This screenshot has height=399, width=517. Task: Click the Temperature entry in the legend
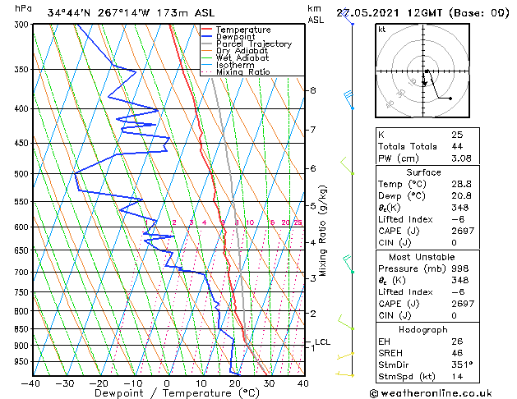(x=231, y=30)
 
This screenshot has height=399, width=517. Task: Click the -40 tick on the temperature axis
(x=31, y=383)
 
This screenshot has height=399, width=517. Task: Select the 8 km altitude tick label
(x=312, y=90)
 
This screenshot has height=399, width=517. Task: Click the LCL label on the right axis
(x=322, y=342)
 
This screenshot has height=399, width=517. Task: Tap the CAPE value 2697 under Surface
(x=462, y=231)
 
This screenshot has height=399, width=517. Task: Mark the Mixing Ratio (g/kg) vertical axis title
(x=323, y=230)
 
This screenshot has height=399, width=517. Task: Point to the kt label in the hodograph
(x=381, y=30)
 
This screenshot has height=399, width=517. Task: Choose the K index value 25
(x=456, y=134)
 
